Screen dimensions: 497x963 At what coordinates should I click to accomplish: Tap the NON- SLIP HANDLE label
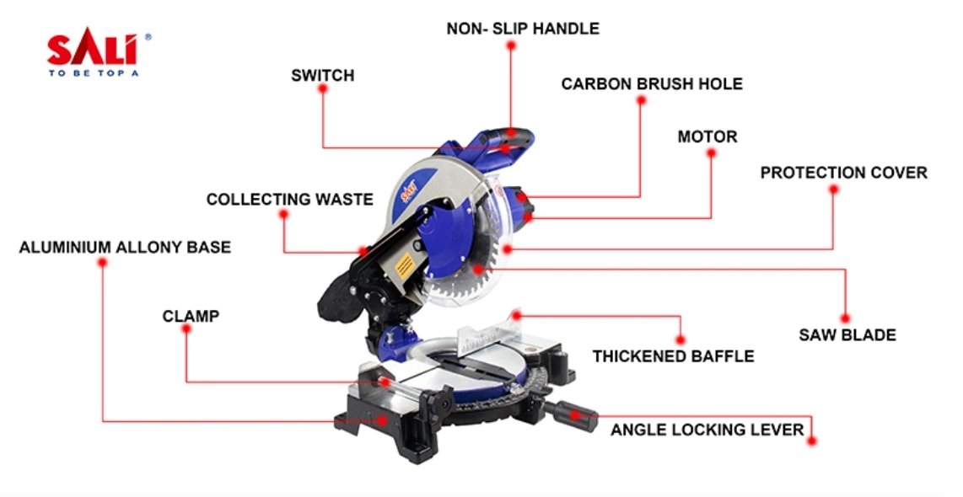point(523,29)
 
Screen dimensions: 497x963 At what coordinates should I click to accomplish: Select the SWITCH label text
point(322,76)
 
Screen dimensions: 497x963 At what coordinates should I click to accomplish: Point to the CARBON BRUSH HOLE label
point(652,84)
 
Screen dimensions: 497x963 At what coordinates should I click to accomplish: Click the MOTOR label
point(707,136)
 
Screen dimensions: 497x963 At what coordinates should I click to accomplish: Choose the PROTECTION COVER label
point(843,173)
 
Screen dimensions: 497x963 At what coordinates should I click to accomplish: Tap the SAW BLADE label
point(847,335)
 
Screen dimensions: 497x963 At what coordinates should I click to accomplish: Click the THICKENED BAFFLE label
point(673,356)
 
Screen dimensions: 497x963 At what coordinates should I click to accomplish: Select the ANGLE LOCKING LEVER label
point(707,430)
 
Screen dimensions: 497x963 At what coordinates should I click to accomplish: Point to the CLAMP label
point(191,317)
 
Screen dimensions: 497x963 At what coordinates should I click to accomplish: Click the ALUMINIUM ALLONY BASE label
point(125,248)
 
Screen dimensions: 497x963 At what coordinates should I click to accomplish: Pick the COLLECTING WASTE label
point(289,200)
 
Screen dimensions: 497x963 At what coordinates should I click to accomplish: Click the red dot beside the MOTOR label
point(710,154)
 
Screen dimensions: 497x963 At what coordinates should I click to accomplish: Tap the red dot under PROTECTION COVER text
point(833,190)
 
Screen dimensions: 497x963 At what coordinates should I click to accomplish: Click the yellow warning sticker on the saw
point(405,267)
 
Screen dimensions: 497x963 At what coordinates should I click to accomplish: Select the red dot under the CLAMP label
point(186,329)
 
